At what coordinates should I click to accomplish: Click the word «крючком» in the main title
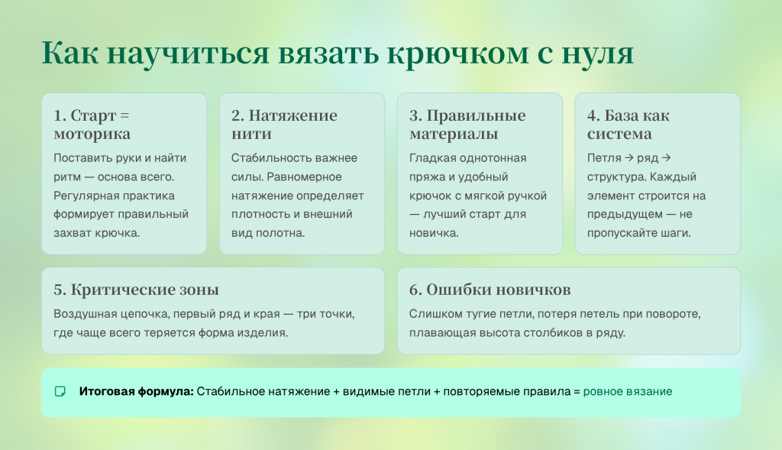(x=457, y=53)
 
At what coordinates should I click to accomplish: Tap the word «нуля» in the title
(x=597, y=53)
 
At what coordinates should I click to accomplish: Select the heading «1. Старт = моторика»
(x=92, y=125)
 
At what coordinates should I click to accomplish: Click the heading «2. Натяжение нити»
(x=284, y=125)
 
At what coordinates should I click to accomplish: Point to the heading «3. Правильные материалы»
(x=467, y=125)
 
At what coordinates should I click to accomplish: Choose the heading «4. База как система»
(x=628, y=125)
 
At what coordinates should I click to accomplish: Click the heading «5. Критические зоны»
(x=136, y=290)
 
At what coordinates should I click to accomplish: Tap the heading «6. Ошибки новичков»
(x=490, y=290)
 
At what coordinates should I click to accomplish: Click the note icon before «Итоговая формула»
(x=60, y=392)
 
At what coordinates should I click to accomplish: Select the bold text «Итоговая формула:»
(x=136, y=392)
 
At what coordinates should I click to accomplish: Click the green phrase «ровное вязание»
(x=628, y=392)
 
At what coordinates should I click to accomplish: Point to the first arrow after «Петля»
(x=629, y=157)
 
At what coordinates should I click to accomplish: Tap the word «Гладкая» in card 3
(x=431, y=158)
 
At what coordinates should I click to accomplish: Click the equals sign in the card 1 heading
(x=124, y=115)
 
